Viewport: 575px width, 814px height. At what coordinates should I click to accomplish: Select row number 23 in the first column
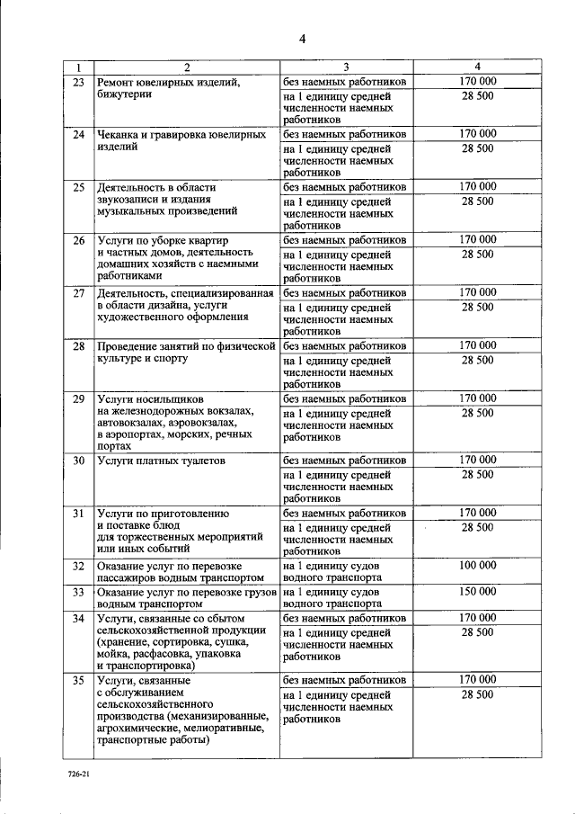[78, 82]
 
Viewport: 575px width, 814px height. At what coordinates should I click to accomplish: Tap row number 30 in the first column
[78, 461]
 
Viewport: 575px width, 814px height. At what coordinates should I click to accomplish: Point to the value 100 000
[477, 566]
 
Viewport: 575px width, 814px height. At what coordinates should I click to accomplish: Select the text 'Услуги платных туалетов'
[161, 461]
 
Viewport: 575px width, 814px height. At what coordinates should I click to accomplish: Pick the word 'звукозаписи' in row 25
[129, 200]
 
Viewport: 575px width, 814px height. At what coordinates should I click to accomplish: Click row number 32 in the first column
[78, 566]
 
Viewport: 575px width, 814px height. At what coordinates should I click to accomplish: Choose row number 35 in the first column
[78, 681]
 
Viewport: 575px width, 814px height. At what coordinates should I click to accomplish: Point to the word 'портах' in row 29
[116, 446]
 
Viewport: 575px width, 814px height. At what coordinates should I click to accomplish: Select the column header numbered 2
[187, 67]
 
